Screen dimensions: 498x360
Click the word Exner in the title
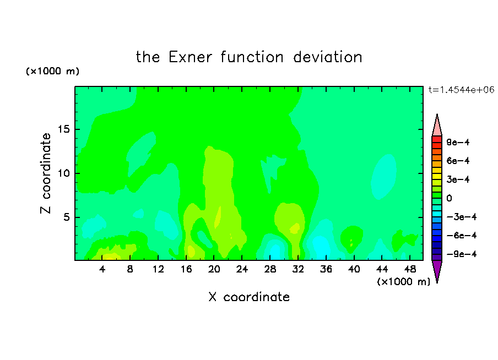(190, 57)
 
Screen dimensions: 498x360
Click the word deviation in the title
(328, 57)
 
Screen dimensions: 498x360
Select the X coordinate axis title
(249, 297)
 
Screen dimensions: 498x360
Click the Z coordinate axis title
(46, 173)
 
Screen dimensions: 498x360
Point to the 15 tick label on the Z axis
(63, 129)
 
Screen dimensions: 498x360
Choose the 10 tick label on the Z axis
(63, 173)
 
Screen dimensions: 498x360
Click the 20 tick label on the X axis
(214, 269)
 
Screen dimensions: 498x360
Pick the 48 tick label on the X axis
(410, 269)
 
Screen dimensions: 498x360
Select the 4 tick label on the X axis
(102, 269)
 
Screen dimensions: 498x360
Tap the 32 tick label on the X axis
(298, 269)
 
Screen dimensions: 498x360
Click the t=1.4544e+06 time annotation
(461, 90)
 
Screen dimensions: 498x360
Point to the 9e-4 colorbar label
(458, 142)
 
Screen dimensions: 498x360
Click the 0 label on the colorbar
(449, 198)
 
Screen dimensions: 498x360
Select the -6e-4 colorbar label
(462, 236)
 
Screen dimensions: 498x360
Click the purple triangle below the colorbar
(437, 270)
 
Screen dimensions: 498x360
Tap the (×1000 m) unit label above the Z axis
(52, 71)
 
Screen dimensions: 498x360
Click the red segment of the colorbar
(437, 139)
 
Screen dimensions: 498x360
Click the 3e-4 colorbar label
(458, 179)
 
